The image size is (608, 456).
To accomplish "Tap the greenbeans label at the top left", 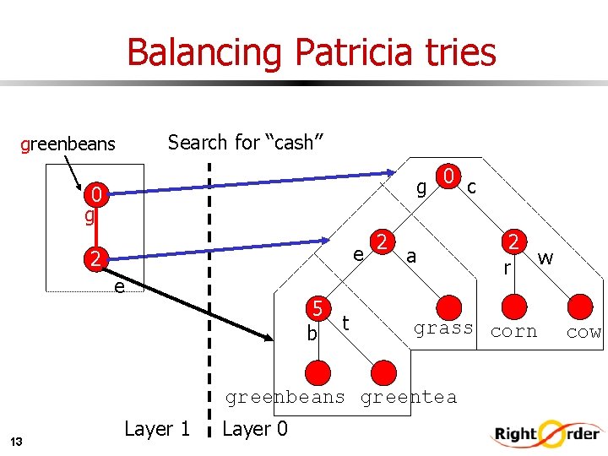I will click(x=68, y=144).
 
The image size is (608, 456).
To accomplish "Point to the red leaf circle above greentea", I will click(x=383, y=372).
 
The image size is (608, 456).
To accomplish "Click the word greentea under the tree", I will click(x=409, y=397).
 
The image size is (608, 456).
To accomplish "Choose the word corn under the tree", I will click(x=513, y=332).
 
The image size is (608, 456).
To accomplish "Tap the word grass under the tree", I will click(x=443, y=328).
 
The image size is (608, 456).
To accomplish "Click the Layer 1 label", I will click(x=157, y=429).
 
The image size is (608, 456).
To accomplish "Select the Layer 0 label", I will click(x=254, y=429).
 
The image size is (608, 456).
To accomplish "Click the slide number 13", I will click(x=17, y=441).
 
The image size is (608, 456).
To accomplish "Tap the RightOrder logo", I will click(x=546, y=435).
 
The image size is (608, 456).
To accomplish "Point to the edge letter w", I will click(x=546, y=258).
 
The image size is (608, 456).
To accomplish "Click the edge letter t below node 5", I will click(x=346, y=322).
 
